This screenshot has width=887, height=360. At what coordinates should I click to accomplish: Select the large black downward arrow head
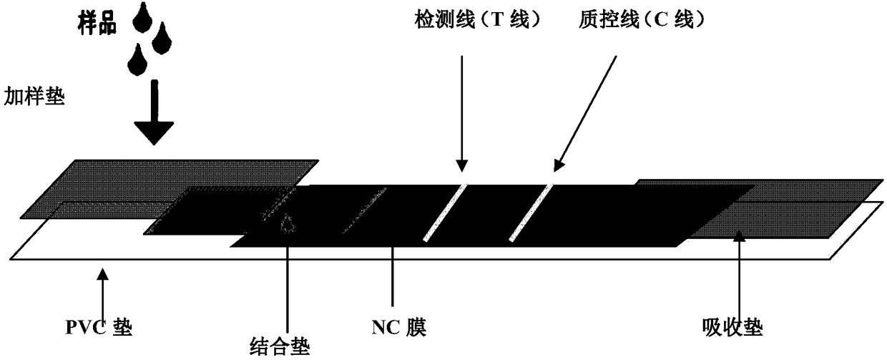pyautogui.click(x=154, y=131)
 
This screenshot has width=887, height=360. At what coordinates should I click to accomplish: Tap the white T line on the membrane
pyautogui.click(x=444, y=212)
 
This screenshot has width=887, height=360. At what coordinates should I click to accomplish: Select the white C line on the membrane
pyautogui.click(x=531, y=212)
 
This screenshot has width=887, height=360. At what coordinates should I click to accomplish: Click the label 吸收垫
pyautogui.click(x=733, y=329)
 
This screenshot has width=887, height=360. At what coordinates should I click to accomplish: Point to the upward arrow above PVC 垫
pyautogui.click(x=104, y=293)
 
